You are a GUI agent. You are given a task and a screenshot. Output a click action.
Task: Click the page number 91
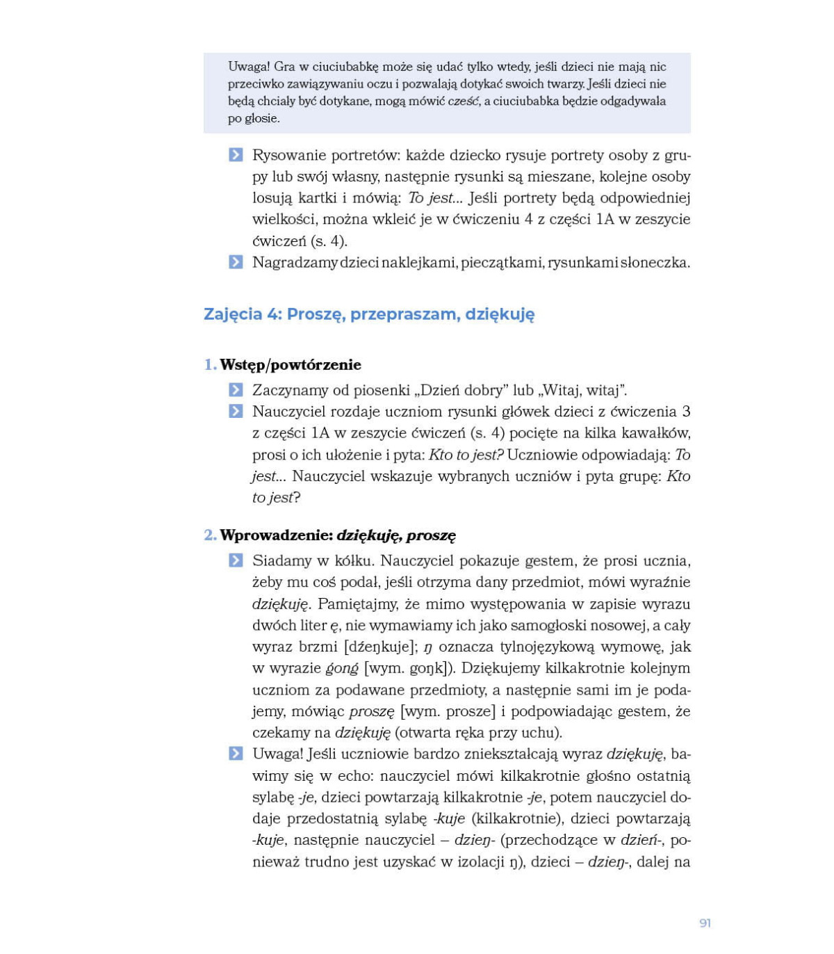[705, 923]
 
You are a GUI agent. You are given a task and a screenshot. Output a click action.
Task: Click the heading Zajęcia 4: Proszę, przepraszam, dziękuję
[369, 314]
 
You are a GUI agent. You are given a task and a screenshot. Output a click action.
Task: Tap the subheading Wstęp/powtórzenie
[291, 364]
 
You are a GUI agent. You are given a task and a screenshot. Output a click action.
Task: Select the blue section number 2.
[209, 535]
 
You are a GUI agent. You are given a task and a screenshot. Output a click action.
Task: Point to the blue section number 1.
[209, 364]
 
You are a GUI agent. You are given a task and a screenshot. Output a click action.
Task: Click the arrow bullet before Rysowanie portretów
[236, 155]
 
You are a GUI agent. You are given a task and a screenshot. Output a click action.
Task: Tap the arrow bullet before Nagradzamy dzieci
[236, 262]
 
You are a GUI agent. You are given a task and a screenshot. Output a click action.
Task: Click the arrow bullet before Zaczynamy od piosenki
[236, 390]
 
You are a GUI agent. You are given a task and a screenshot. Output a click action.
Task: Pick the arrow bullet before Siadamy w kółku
[236, 560]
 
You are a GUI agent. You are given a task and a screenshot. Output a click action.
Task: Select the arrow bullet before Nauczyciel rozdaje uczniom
[236, 412]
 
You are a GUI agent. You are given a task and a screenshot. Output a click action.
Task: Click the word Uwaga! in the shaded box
[249, 67]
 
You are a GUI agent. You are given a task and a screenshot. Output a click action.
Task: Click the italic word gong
[342, 668]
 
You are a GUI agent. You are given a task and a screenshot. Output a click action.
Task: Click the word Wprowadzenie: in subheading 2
[276, 535]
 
